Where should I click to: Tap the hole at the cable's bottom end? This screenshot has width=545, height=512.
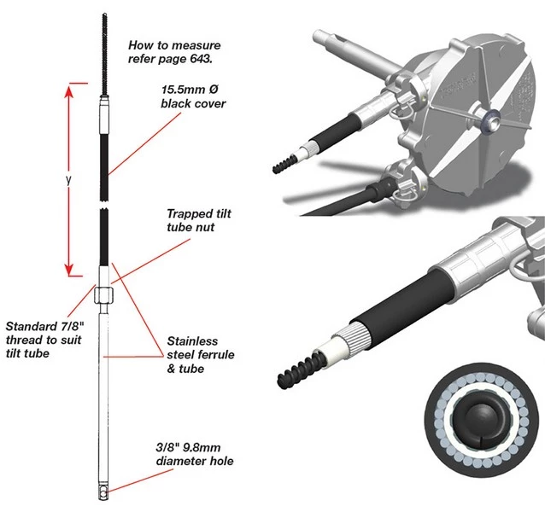tap(100, 492)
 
